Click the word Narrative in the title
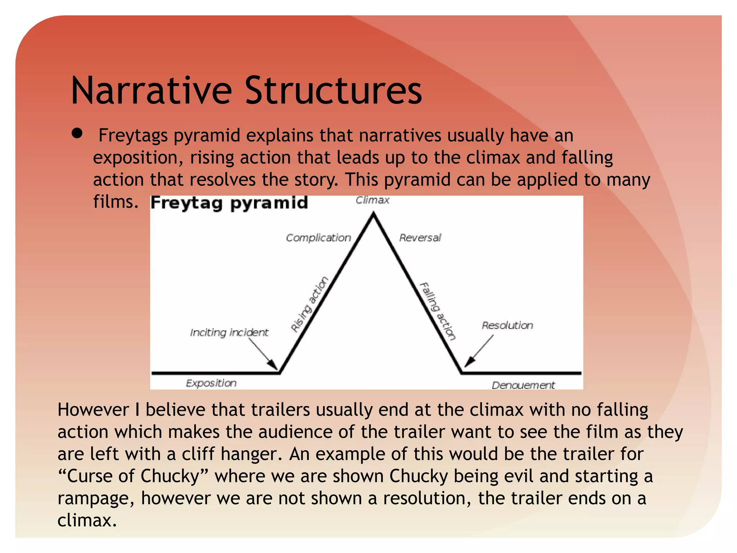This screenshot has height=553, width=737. point(152,91)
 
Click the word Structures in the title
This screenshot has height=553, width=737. point(333,91)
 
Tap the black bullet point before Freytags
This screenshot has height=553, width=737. point(77,134)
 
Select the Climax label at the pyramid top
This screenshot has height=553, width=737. point(372,200)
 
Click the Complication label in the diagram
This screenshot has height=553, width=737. point(318,238)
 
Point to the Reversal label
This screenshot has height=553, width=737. point(420,238)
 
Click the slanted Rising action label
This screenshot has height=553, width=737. point(309,304)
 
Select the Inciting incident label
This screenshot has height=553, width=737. point(229,332)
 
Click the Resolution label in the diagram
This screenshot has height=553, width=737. point(507,325)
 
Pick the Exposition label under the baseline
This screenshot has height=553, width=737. point(211,383)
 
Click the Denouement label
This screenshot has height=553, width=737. point(523,385)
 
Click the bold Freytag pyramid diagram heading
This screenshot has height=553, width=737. point(229,203)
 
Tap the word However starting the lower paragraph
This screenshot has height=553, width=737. point(93,410)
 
